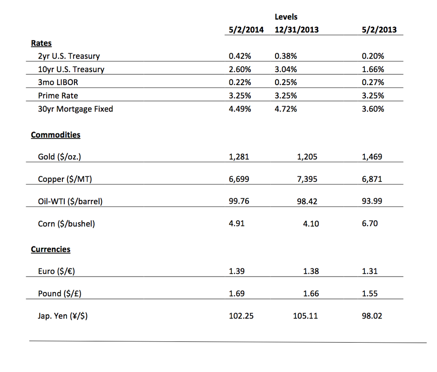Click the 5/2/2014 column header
coord(246,29)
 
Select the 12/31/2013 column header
coord(296,29)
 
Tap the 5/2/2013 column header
coord(379,29)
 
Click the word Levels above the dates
coord(286,17)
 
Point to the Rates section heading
coord(41,43)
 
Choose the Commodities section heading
coord(55,135)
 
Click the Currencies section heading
coord(50,249)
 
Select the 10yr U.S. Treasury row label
coord(71,69)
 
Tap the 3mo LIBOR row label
coord(58,82)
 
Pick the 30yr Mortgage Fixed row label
coord(75,109)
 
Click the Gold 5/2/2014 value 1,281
coord(239,157)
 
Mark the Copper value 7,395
coord(307,179)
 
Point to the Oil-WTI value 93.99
coord(372,201)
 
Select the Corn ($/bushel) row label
coord(67,224)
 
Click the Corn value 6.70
coord(370,223)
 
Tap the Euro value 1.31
coord(370,271)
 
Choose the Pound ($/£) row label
coord(60,293)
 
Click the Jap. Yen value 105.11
coord(305,316)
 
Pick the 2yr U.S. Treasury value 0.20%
coord(373,56)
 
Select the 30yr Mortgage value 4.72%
coord(286,109)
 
